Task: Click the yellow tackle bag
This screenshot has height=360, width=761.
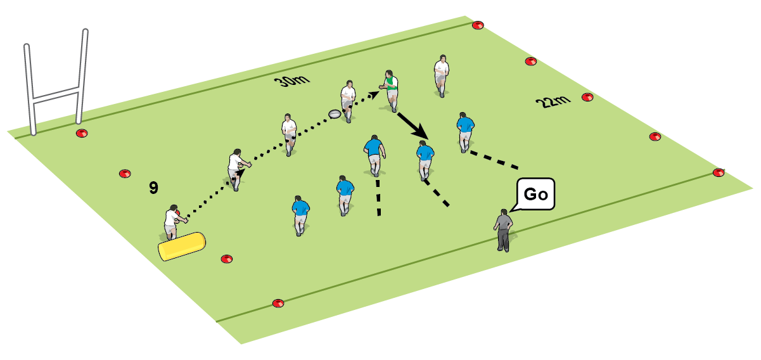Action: (182, 247)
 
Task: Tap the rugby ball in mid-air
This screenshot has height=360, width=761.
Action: (335, 114)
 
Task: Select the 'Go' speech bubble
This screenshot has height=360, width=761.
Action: (535, 194)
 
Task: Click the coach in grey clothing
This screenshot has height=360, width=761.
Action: (504, 229)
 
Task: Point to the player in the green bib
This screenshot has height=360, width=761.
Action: (390, 89)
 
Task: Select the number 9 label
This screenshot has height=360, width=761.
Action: (153, 188)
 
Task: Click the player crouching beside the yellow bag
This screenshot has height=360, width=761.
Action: (172, 221)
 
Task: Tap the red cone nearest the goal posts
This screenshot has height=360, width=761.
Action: (80, 133)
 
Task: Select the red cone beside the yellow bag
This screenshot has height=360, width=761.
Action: (226, 259)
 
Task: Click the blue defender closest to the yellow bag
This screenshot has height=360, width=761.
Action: (300, 214)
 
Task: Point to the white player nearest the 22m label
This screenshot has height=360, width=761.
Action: (442, 75)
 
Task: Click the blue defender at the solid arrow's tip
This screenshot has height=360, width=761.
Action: (425, 159)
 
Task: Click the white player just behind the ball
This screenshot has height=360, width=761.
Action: (347, 100)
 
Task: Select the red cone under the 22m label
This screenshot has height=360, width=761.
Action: (587, 97)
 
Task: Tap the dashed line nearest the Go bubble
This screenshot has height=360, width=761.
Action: (492, 161)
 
